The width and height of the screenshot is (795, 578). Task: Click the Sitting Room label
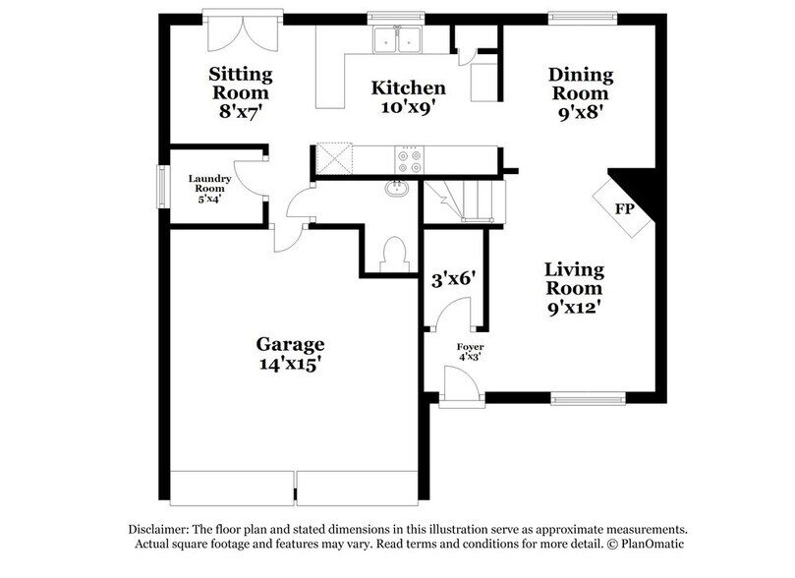(241, 84)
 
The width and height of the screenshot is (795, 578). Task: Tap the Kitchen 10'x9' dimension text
(408, 107)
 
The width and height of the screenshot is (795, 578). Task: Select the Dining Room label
(581, 84)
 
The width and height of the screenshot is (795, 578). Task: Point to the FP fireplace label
(625, 208)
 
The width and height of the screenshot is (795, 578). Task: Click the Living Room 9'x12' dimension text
(575, 307)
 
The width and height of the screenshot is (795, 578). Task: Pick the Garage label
(290, 344)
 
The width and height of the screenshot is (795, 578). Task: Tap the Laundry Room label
(210, 183)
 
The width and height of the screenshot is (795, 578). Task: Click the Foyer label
(470, 347)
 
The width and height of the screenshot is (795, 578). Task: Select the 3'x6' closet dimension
(453, 279)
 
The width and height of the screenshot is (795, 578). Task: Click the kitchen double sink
(398, 39)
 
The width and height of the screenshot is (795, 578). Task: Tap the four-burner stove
(410, 160)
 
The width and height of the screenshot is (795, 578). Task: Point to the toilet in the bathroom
(395, 255)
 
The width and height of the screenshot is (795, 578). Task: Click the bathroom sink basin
(398, 189)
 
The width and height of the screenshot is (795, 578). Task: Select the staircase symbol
(465, 202)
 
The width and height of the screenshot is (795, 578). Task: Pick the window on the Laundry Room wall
(162, 186)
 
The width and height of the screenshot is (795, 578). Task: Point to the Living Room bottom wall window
(588, 399)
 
